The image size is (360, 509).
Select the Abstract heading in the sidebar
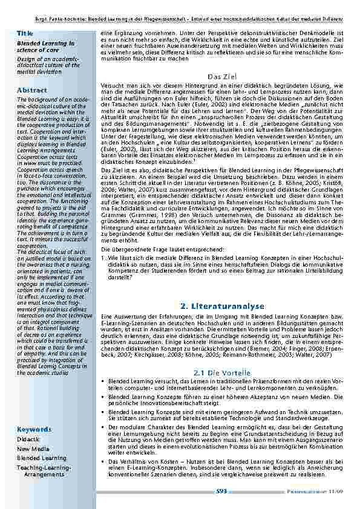click(32, 89)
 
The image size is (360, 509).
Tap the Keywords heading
click(34, 429)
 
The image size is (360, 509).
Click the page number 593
click(221, 491)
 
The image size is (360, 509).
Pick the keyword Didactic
click(29, 439)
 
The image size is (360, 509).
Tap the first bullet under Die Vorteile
click(102, 382)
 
